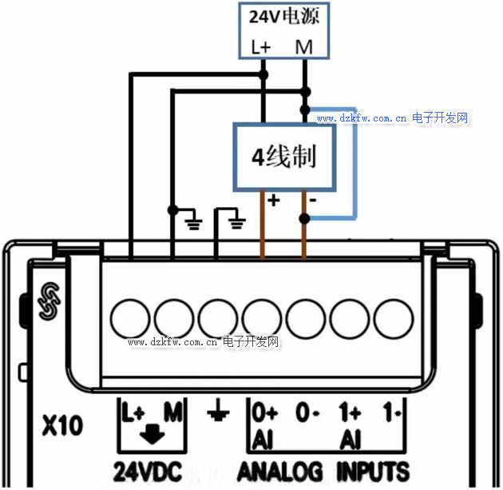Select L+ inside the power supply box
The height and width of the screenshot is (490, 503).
261,47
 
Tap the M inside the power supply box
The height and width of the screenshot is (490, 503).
304,47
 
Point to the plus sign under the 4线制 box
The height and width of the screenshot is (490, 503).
273,201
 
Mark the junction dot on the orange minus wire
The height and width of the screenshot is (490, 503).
304,217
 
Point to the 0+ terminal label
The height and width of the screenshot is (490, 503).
264,413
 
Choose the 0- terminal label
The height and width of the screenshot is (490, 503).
307,414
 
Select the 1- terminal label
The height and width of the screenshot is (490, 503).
391,414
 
